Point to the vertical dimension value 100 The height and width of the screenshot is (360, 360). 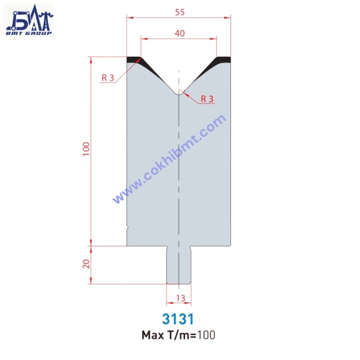[x=86, y=149]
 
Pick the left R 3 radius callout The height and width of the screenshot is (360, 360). [x=108, y=78]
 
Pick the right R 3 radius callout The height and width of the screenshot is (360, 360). [x=207, y=99]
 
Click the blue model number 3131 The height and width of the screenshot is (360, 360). [x=179, y=318]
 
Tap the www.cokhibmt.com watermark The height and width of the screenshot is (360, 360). [x=169, y=159]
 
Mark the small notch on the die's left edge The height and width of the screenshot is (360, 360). [x=128, y=227]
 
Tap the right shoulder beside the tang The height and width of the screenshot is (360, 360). [x=211, y=244]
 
